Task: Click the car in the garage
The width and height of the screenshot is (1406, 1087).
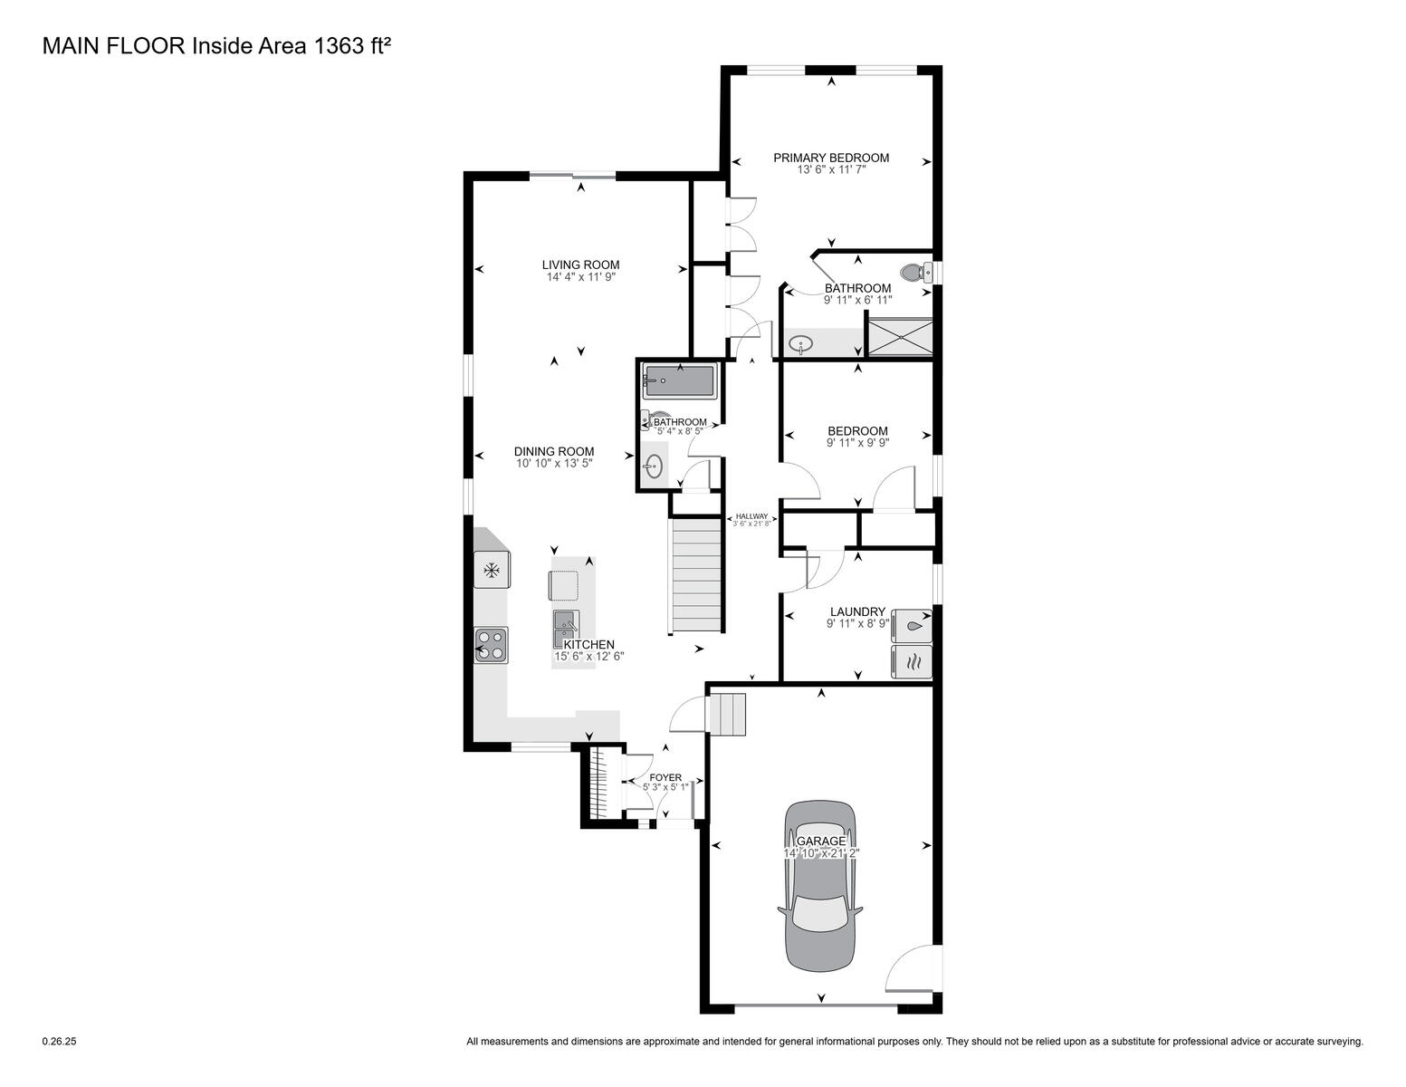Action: tap(819, 887)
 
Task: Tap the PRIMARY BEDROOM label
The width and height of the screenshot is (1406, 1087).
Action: tap(831, 158)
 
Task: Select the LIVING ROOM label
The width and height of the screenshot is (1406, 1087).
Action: tap(580, 265)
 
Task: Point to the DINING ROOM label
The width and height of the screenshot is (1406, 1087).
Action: tap(554, 451)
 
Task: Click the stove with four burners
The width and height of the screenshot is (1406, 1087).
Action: tap(491, 645)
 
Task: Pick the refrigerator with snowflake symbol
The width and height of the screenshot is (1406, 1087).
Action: tap(492, 570)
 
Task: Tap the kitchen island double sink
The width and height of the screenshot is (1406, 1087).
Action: tap(566, 630)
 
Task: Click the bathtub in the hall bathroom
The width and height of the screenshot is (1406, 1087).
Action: tap(679, 381)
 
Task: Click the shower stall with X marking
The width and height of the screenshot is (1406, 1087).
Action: tap(899, 337)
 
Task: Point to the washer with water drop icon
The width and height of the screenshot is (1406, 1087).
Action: tap(912, 626)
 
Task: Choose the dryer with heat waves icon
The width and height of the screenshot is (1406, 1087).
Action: tap(912, 661)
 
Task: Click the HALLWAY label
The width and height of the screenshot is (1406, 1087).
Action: tap(751, 516)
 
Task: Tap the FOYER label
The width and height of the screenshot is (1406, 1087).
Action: tap(665, 777)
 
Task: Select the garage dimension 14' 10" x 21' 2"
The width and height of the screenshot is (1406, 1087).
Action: tap(821, 853)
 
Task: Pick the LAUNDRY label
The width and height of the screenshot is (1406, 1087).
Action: tap(857, 611)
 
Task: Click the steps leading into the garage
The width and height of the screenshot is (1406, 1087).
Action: tap(728, 714)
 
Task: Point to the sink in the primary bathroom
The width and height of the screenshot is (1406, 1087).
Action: tap(801, 342)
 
